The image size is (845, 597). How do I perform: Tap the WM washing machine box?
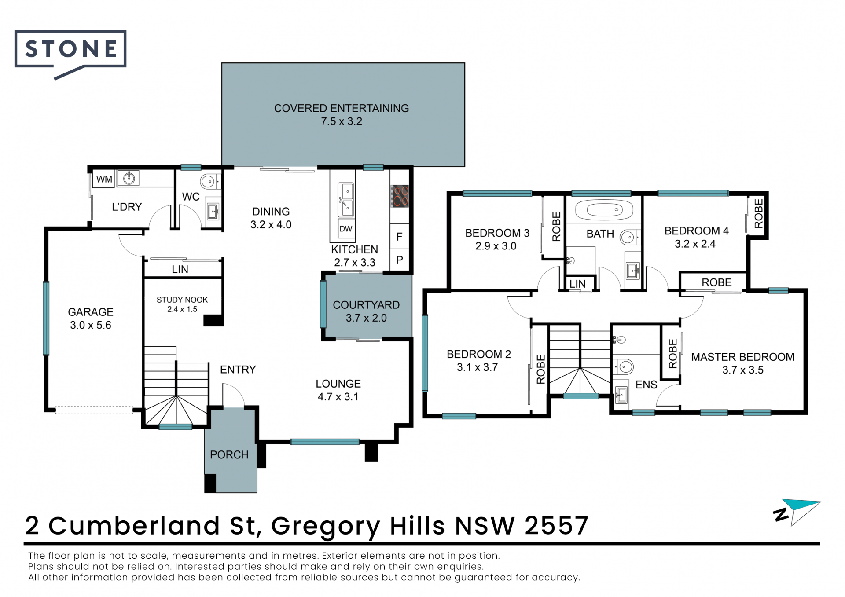point(104,179)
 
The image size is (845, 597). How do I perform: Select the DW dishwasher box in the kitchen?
point(346,229)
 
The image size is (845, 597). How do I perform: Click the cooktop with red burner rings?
point(400,196)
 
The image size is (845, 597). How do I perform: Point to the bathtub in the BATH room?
point(604,210)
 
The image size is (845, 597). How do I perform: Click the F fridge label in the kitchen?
point(399,237)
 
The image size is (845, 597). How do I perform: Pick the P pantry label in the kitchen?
point(400,260)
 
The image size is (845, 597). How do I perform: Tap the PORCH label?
point(229,454)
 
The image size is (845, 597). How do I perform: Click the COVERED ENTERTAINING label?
point(342,108)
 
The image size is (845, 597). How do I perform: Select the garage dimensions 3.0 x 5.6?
point(91,325)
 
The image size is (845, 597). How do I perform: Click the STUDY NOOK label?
point(182,300)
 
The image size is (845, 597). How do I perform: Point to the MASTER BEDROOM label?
point(743,357)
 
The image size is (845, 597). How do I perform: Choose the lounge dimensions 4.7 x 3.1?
point(338,397)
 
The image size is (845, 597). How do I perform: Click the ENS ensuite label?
point(646,385)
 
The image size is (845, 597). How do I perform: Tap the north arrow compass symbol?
point(797,512)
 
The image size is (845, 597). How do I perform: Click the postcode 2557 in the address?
point(556,525)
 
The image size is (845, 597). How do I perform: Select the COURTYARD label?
point(366,305)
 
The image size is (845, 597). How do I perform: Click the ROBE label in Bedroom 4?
point(758,213)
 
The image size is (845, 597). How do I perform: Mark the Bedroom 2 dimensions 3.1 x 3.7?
point(478,367)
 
